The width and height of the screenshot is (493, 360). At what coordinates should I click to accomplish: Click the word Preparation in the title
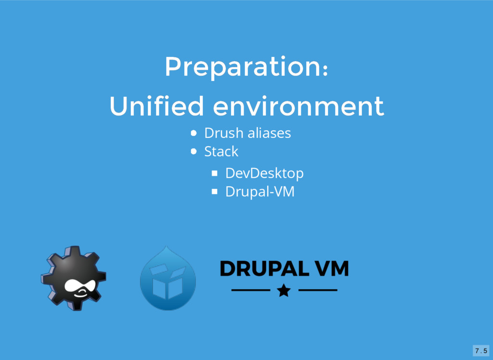pos(242,67)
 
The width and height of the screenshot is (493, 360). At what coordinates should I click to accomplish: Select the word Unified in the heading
pos(156,106)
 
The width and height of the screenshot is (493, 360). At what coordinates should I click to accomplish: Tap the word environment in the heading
pos(298,107)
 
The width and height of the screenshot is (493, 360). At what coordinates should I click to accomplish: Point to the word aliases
pos(269,133)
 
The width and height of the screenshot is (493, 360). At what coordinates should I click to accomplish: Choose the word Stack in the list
pos(221,151)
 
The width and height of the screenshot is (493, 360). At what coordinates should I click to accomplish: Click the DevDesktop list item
pos(264,173)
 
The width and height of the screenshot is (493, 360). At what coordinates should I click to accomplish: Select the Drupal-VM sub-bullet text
pos(259,192)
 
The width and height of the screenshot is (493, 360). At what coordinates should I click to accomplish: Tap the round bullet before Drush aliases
pos(194,133)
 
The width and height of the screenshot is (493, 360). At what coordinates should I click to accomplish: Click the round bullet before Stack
pos(194,152)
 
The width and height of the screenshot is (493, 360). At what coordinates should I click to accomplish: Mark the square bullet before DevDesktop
pos(214,173)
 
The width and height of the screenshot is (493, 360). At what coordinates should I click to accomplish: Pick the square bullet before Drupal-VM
pos(214,191)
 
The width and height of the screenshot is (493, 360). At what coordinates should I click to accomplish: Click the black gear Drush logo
pos(74,278)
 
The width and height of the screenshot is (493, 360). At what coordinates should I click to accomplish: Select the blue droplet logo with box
pos(168,278)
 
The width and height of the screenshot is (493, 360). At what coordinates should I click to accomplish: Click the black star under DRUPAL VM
pos(284,290)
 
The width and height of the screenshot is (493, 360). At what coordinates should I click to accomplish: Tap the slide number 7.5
pos(481,350)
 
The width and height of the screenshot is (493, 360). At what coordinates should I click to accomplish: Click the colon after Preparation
pos(325,70)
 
